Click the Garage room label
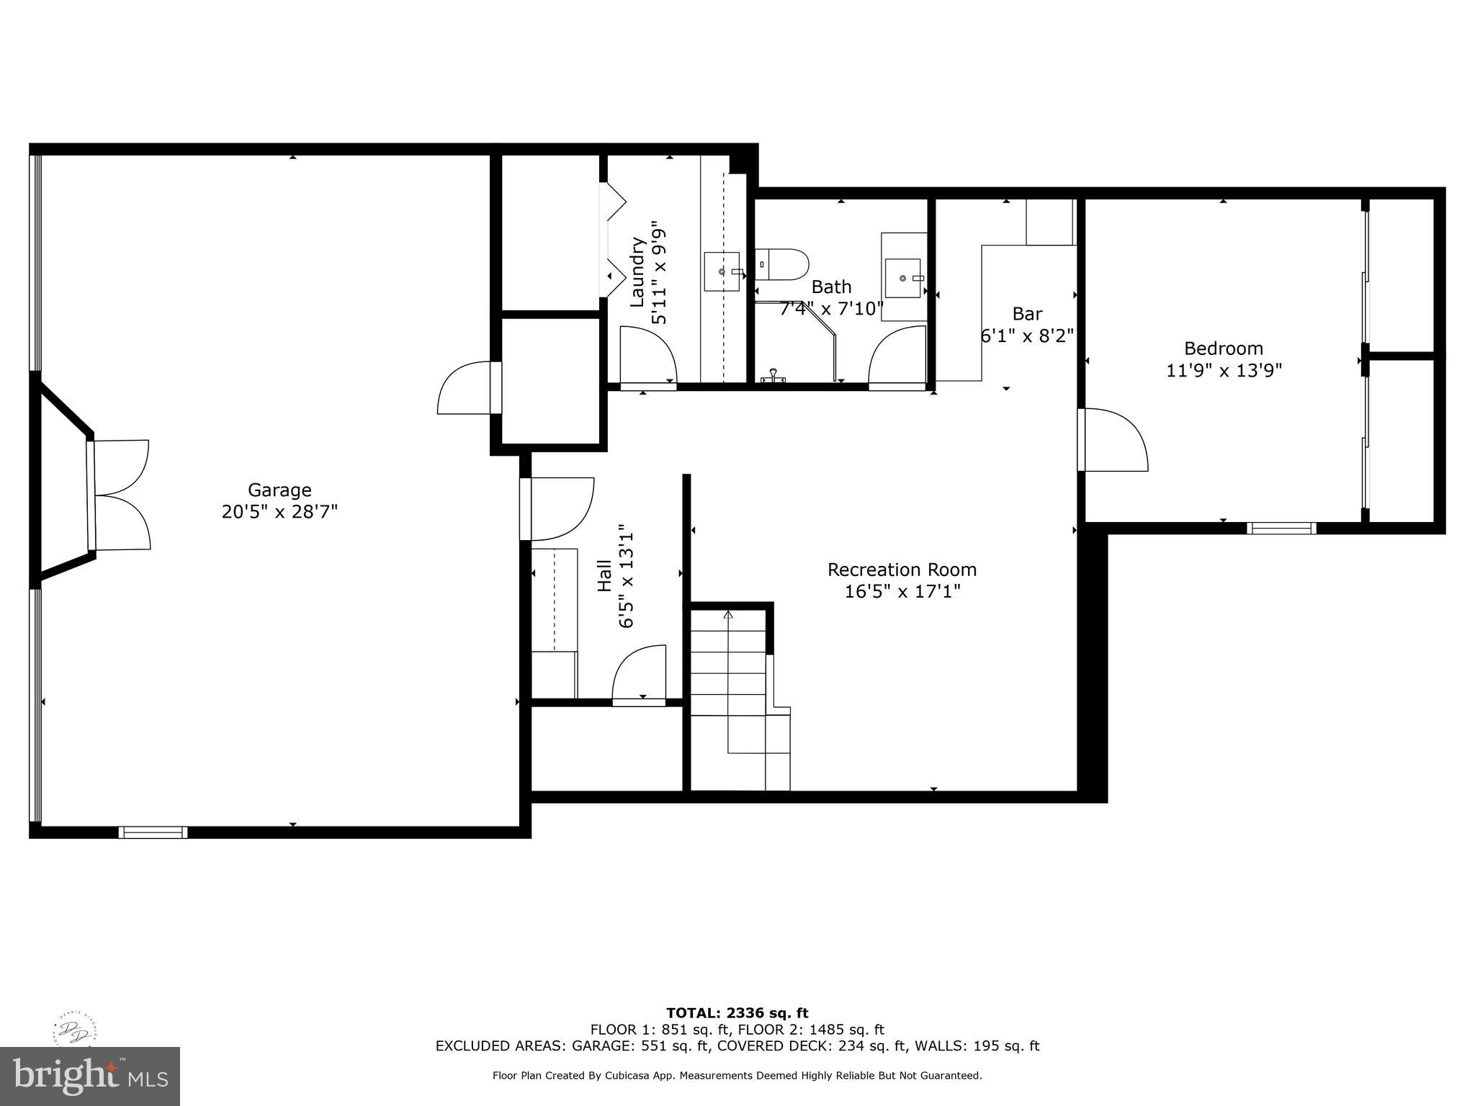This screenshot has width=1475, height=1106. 279,490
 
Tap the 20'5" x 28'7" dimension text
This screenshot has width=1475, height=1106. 279,512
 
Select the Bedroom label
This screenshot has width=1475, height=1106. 1223,349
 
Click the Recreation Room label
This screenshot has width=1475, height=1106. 902,570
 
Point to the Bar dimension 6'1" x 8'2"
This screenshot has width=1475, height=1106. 1027,336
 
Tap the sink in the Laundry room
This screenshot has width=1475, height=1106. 722,271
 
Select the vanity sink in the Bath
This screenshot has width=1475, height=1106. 903,278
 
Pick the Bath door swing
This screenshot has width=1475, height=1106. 897,356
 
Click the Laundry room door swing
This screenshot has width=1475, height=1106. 647,354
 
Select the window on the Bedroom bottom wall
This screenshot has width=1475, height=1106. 1281,528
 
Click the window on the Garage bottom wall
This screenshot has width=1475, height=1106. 153,832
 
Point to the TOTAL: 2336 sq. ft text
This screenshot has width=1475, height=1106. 737,1013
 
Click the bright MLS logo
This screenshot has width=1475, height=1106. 90,1076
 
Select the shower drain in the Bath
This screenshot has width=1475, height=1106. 773,374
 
